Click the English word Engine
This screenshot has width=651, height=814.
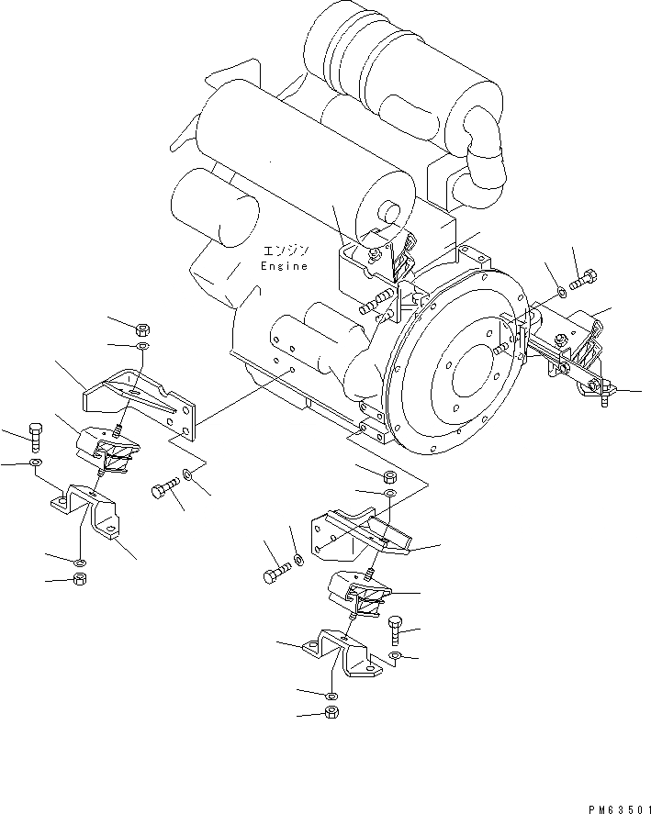coord(285,266)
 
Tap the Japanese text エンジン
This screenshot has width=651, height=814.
coord(286,251)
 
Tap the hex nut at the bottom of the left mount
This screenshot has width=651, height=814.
coord(79,578)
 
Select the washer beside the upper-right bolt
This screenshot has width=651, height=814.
coord(561,294)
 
